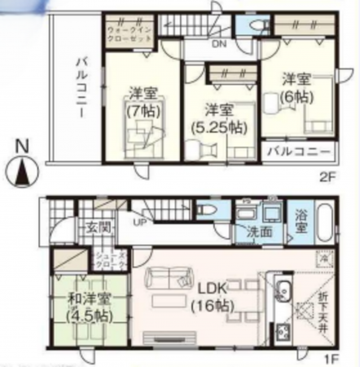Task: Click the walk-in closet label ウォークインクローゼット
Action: tap(127, 37)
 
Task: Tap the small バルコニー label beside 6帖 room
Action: tap(299, 153)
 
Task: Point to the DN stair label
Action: tap(219, 45)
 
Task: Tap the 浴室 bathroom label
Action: tap(301, 222)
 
